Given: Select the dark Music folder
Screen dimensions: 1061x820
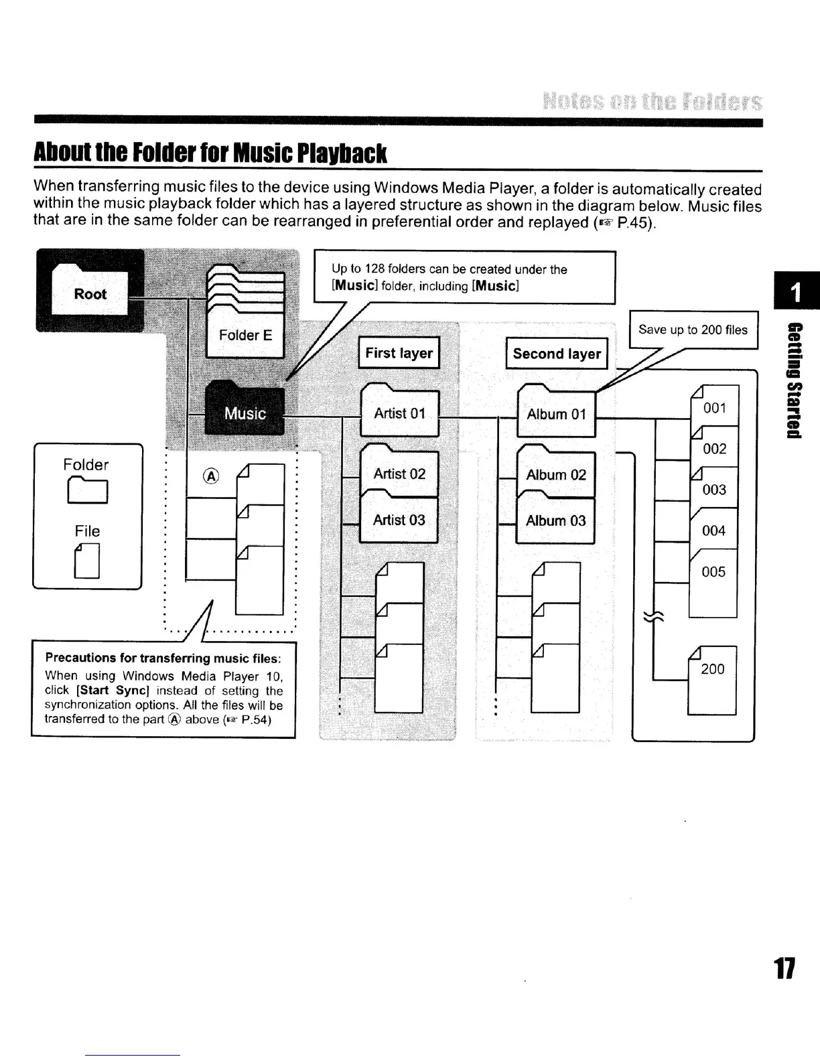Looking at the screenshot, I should (245, 409).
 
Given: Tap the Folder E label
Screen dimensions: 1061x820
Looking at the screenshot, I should (245, 335).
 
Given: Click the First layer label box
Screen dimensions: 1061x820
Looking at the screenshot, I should (399, 353).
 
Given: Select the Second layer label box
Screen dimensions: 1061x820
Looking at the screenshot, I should (557, 354).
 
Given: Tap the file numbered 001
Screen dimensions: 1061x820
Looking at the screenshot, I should (714, 407).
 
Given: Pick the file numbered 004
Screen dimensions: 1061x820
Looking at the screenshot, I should (713, 530).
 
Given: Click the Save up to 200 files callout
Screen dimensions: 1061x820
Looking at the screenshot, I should (693, 330).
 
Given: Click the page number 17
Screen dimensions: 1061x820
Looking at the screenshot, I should (784, 969).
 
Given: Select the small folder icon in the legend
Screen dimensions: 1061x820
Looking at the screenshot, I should (87, 490).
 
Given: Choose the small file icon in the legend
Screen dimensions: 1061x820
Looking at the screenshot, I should (88, 561).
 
